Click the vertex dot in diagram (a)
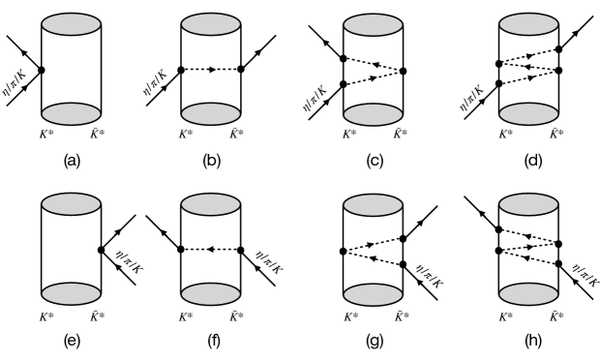[x=41, y=70]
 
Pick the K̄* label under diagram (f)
[x=240, y=316]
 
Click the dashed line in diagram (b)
[x=210, y=70]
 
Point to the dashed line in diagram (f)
[x=210, y=250]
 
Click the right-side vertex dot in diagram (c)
[x=402, y=71]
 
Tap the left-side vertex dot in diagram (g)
[x=343, y=251]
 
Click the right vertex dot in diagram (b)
[x=240, y=70]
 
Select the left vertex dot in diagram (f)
[x=181, y=250]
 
